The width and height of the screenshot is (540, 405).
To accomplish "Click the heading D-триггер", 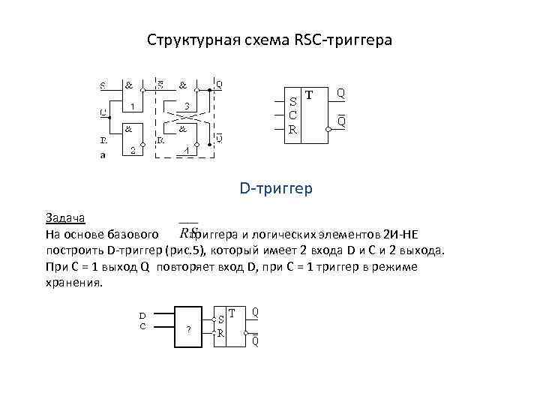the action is pyautogui.click(x=276, y=188).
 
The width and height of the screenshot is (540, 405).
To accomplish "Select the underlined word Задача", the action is pyautogui.click(x=66, y=219).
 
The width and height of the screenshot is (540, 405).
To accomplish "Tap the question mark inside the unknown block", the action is pyautogui.click(x=188, y=330).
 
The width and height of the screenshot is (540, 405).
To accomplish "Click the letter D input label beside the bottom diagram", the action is pyautogui.click(x=142, y=315).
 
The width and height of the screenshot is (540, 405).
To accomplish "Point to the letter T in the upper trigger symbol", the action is pyautogui.click(x=309, y=95).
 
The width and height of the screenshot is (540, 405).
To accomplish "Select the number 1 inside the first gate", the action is pyautogui.click(x=132, y=106).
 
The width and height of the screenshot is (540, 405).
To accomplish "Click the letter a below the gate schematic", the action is pyautogui.click(x=103, y=155).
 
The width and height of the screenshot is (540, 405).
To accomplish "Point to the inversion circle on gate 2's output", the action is pyautogui.click(x=147, y=139).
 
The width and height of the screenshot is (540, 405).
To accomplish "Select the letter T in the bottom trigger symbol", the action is pyautogui.click(x=232, y=311).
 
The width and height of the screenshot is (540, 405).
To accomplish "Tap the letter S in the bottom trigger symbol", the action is pyautogui.click(x=222, y=317).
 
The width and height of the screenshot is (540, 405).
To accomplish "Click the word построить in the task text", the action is pyautogui.click(x=74, y=250).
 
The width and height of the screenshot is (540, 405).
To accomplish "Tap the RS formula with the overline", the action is pyautogui.click(x=189, y=232).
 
